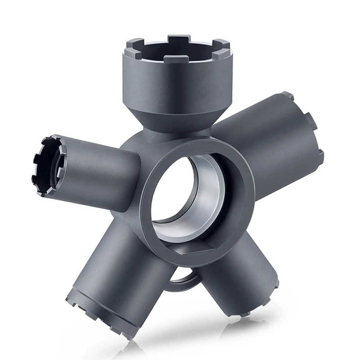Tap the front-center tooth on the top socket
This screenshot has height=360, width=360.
tap(176, 58)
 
